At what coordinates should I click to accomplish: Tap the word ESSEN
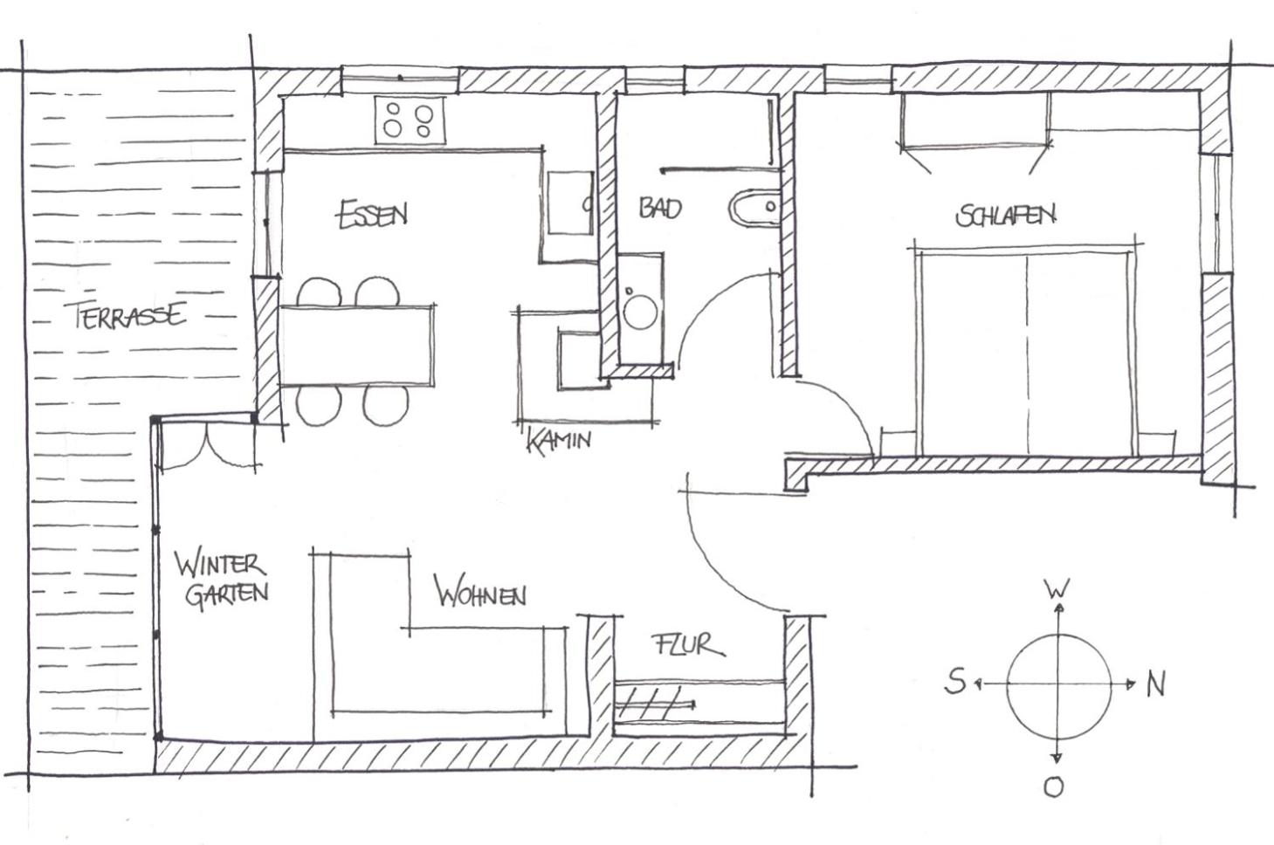pyautogui.click(x=373, y=215)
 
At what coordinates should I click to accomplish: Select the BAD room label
pyautogui.click(x=660, y=208)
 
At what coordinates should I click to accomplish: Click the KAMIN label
pyautogui.click(x=559, y=440)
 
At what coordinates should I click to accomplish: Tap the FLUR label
pyautogui.click(x=689, y=645)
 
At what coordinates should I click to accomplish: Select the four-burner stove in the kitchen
pyautogui.click(x=410, y=120)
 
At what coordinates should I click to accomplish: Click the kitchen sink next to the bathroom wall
pyautogui.click(x=570, y=203)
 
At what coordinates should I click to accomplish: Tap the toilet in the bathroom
pyautogui.click(x=754, y=207)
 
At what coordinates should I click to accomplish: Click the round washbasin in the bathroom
pyautogui.click(x=640, y=311)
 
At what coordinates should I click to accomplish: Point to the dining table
pyautogui.click(x=357, y=346)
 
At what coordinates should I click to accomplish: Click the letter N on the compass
pyautogui.click(x=1156, y=684)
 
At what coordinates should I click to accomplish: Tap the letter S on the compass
pyautogui.click(x=955, y=682)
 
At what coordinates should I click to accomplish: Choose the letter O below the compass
pyautogui.click(x=1053, y=787)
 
